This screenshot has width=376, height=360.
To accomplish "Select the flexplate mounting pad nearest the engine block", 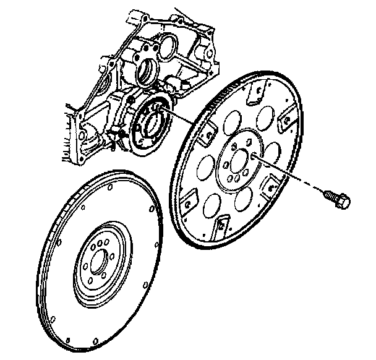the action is [x=207, y=128].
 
